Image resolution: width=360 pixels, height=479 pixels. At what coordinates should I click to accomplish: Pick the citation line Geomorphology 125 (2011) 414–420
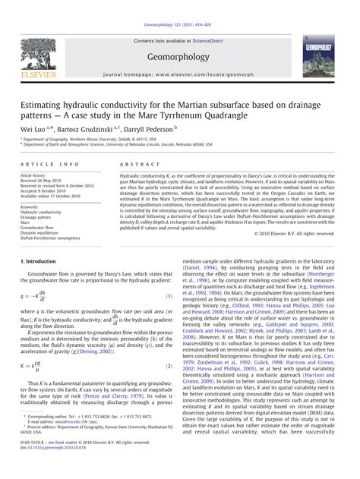pos(179,5)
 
